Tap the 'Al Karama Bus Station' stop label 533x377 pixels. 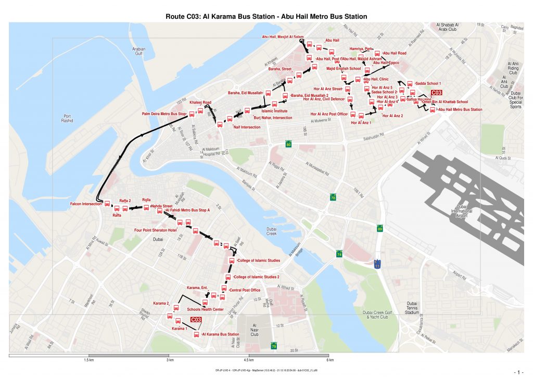pyautogui.click(x=221, y=334)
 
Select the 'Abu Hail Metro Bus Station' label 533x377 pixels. pyautogui.click(x=460, y=109)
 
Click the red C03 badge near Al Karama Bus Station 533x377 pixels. pyautogui.click(x=196, y=320)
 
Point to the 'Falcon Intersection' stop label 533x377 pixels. pyautogui.click(x=86, y=204)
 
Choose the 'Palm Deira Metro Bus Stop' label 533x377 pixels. pyautogui.click(x=164, y=114)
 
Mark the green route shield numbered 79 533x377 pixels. pyautogui.click(x=274, y=345)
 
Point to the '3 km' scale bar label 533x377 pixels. pyautogui.click(x=169, y=360)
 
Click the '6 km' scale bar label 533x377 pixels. pyautogui.click(x=330, y=360)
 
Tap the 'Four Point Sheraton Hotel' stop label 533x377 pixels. pyautogui.click(x=156, y=230)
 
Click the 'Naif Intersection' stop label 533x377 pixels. pyautogui.click(x=247, y=127)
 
